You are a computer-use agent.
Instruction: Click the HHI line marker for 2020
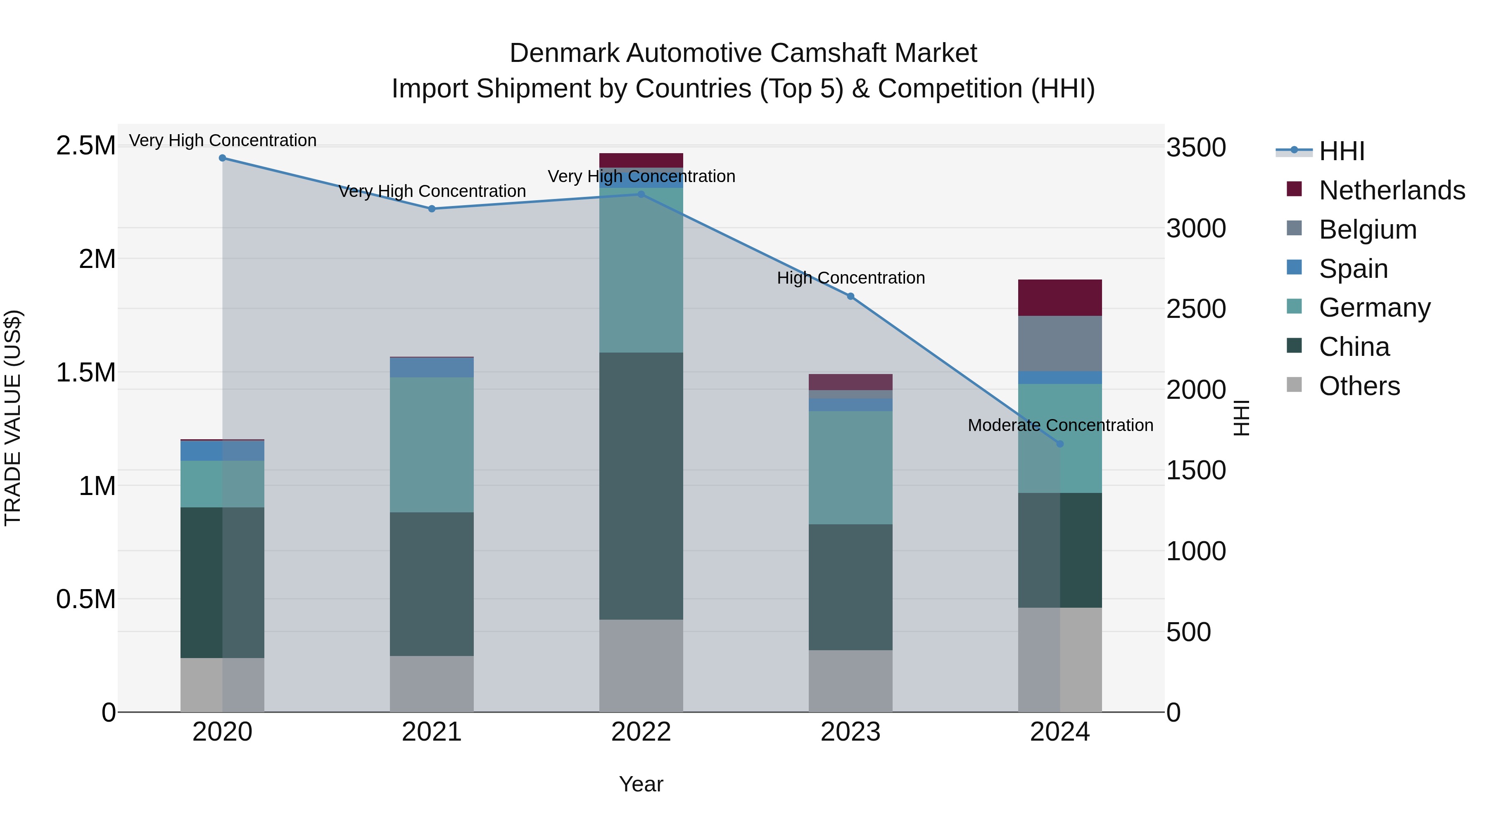[x=222, y=158]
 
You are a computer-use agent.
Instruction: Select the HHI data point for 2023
[x=850, y=296]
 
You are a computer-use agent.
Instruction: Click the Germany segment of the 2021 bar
[x=431, y=444]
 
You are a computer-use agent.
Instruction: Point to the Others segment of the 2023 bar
[x=850, y=681]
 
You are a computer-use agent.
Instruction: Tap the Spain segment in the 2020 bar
[x=222, y=450]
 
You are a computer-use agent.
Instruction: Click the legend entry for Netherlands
[x=1392, y=190]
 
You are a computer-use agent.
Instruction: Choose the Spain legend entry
[x=1353, y=268]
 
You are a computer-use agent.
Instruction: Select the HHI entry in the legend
[x=1342, y=151]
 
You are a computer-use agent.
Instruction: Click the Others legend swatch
[x=1294, y=385]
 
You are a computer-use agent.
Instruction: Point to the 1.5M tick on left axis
[x=86, y=372]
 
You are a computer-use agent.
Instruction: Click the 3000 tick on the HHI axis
[x=1195, y=228]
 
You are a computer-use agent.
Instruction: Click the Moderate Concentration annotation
[x=1060, y=425]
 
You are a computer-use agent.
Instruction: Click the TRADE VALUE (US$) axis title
[x=13, y=418]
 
